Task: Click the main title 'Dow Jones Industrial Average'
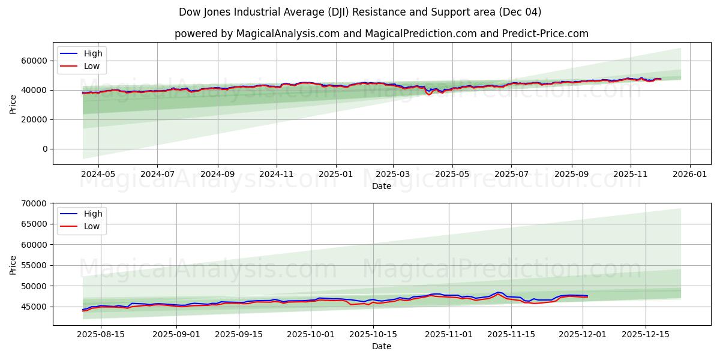click(360, 12)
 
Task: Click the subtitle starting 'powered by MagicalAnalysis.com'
click(381, 34)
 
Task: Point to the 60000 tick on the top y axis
click(35, 61)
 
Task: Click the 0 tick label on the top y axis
click(45, 149)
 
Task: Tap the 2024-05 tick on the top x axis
click(98, 175)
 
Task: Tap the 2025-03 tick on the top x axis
click(393, 175)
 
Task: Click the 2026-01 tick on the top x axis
click(689, 175)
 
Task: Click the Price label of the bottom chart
click(13, 264)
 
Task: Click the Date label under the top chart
click(381, 186)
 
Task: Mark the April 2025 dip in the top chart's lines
click(429, 94)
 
